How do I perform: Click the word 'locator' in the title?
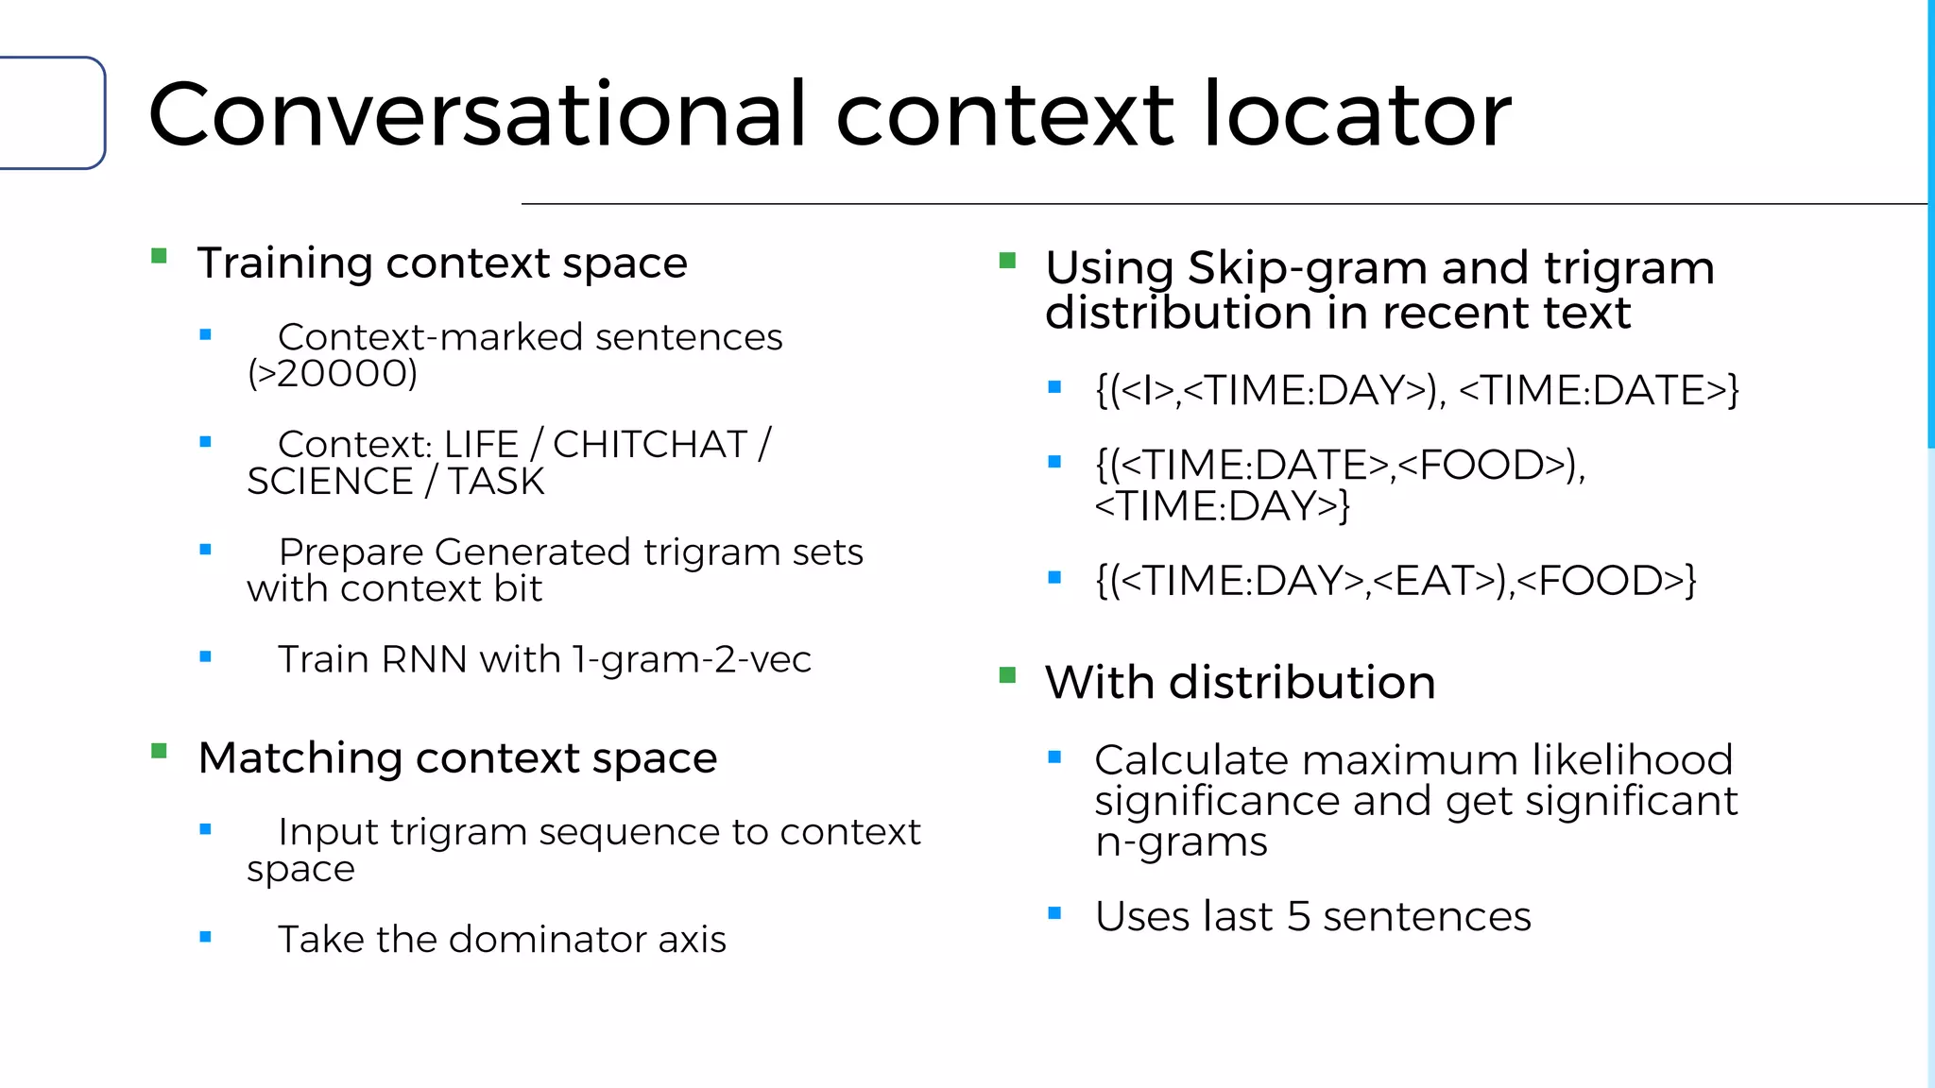[x=1357, y=115]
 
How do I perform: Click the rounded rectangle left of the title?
[x=52, y=113]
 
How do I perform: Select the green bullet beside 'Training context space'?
[x=159, y=256]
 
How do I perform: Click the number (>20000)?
[x=333, y=374]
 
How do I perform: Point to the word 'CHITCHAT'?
[x=650, y=444]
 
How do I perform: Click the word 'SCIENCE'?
[x=330, y=482]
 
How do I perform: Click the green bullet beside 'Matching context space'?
[x=159, y=752]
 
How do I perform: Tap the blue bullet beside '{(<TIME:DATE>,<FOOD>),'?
[x=1055, y=462]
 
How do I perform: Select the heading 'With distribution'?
[x=1240, y=682]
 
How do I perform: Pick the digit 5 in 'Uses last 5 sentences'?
[x=1298, y=916]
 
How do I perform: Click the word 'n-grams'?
[x=1181, y=841]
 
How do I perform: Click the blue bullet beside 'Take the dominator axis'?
[x=205, y=937]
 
